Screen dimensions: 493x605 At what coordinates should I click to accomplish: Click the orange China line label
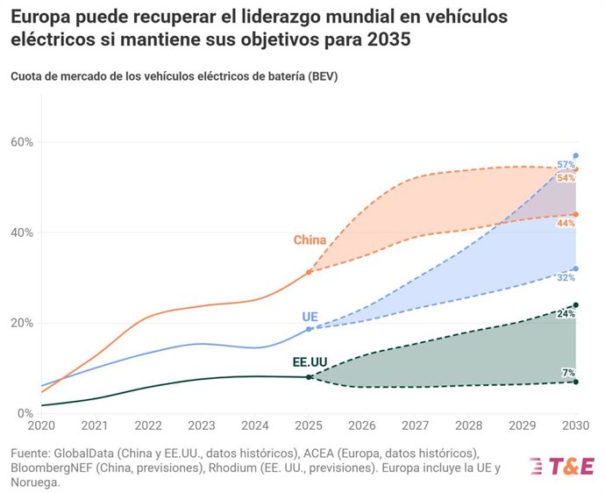pyautogui.click(x=310, y=240)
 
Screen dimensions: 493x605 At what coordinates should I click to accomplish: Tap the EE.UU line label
pyautogui.click(x=310, y=362)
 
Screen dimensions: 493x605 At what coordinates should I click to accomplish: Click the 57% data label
pyautogui.click(x=566, y=165)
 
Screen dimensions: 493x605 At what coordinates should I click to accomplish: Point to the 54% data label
pyautogui.click(x=566, y=178)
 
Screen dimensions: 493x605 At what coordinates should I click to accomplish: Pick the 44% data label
pyautogui.click(x=566, y=224)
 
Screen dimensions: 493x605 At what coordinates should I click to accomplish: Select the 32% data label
pyautogui.click(x=566, y=278)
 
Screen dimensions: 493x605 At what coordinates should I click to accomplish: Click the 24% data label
pyautogui.click(x=566, y=313)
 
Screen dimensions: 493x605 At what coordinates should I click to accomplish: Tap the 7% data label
pyautogui.click(x=568, y=373)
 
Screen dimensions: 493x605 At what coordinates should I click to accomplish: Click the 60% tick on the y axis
pyautogui.click(x=21, y=142)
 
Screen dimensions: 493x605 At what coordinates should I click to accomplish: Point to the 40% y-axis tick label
pyautogui.click(x=21, y=232)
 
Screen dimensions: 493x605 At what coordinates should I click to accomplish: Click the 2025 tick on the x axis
pyautogui.click(x=309, y=425)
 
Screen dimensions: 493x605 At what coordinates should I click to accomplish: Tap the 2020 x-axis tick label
pyautogui.click(x=41, y=425)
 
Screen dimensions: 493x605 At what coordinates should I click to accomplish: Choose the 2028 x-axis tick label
pyautogui.click(x=469, y=425)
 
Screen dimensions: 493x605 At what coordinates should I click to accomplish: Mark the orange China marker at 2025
pyautogui.click(x=309, y=272)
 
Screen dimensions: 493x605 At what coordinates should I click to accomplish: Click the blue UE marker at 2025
pyautogui.click(x=309, y=329)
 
